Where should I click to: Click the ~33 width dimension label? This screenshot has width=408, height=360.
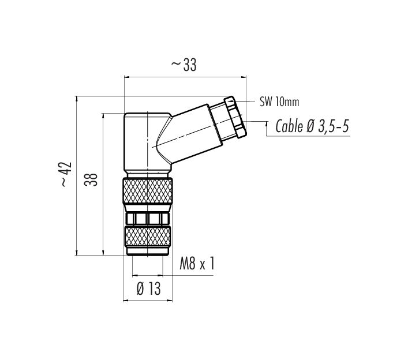click(184, 65)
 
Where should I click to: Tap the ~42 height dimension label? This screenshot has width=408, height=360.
click(66, 174)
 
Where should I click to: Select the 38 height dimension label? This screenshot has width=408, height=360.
click(91, 179)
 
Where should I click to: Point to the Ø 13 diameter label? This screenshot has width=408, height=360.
click(148, 288)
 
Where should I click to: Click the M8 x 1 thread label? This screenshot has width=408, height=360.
click(197, 263)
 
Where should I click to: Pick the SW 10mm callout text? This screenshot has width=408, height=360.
click(279, 102)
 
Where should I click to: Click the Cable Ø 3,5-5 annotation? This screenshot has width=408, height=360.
click(312, 126)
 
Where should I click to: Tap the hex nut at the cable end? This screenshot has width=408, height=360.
click(235, 117)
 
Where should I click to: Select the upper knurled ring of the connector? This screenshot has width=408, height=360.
click(148, 191)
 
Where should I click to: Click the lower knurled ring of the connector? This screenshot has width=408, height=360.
click(148, 237)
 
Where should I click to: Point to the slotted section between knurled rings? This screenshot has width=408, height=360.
click(148, 219)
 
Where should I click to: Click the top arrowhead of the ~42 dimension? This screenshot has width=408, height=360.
click(77, 99)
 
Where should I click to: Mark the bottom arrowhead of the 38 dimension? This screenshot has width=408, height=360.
click(103, 253)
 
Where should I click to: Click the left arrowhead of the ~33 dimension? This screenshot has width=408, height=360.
click(127, 77)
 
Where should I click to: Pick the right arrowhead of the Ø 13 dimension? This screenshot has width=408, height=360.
click(170, 301)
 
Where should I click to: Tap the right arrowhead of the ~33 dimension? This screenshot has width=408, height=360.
click(244, 77)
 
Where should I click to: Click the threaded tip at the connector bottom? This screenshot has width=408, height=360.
click(148, 252)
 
